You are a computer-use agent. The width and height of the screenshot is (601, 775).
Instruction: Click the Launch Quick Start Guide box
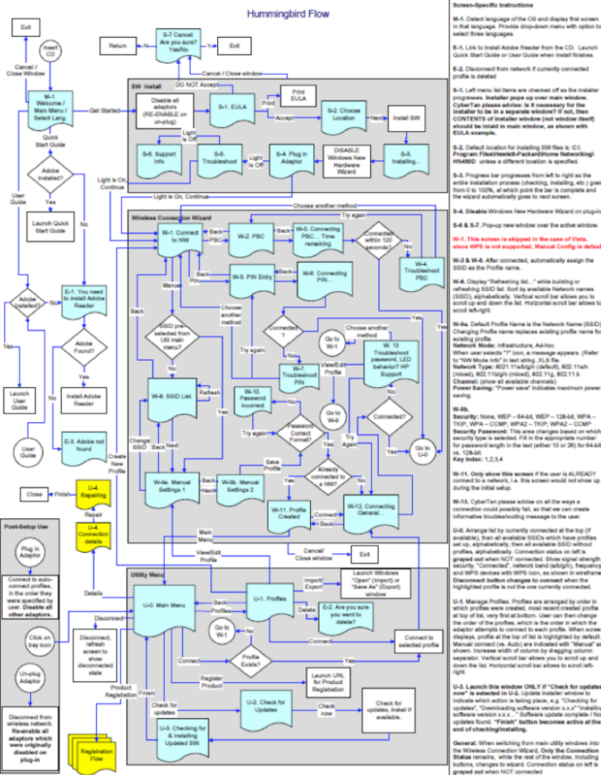click(50, 226)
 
